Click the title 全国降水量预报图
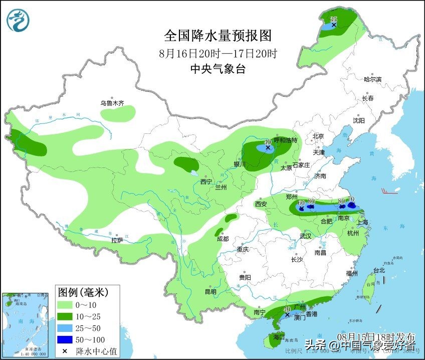pos(218,36)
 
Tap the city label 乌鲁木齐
pos(111,103)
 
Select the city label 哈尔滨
pos(372,79)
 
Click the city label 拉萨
pos(117,241)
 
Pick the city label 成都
pos(223,239)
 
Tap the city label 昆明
pos(210,291)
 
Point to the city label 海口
pos(279,336)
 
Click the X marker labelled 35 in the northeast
pos(334,24)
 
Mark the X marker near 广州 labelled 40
pos(287,315)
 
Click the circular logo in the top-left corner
pos(18,20)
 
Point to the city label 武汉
pos(306,236)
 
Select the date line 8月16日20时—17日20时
pos(218,53)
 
